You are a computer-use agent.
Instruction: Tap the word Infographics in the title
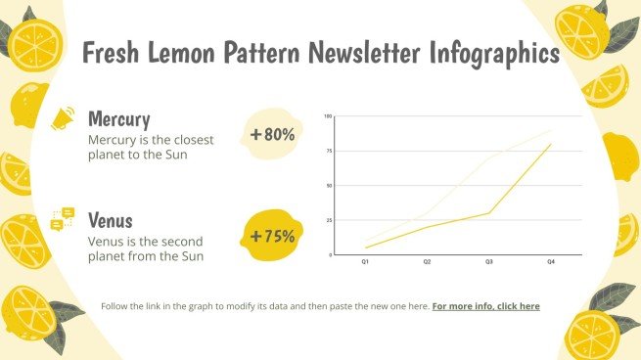495,53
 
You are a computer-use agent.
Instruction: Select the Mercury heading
119,119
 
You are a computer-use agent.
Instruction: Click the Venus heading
110,219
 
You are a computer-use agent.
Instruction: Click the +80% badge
273,134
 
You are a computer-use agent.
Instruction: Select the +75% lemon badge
273,236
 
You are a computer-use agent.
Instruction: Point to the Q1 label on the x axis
365,262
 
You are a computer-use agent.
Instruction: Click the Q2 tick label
427,262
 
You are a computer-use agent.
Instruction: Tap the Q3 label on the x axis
488,262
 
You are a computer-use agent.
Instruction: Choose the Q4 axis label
551,262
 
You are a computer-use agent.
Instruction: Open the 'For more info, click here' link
485,306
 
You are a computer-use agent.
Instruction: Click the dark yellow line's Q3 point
489,212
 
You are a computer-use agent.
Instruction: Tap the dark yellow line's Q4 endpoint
551,144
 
